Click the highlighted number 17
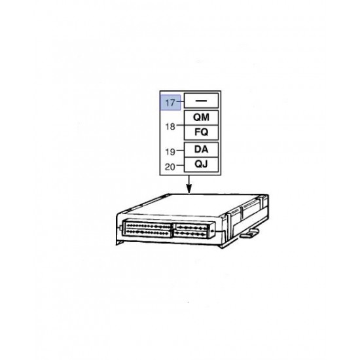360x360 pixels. (170, 103)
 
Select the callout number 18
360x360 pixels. (170, 126)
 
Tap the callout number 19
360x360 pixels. (170, 152)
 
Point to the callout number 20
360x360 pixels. (170, 167)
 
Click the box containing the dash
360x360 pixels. (201, 101)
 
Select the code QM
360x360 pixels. (201, 117)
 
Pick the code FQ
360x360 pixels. (202, 132)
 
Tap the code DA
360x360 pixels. (202, 149)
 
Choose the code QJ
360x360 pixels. (202, 164)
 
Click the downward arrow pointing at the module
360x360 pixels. (189, 185)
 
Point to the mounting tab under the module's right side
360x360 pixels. (250, 233)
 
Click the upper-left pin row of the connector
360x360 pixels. (149, 226)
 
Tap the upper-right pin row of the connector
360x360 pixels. (190, 228)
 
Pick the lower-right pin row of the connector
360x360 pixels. (190, 234)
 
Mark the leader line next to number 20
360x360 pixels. (181, 165)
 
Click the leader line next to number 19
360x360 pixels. (181, 151)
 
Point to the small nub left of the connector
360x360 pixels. (121, 228)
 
